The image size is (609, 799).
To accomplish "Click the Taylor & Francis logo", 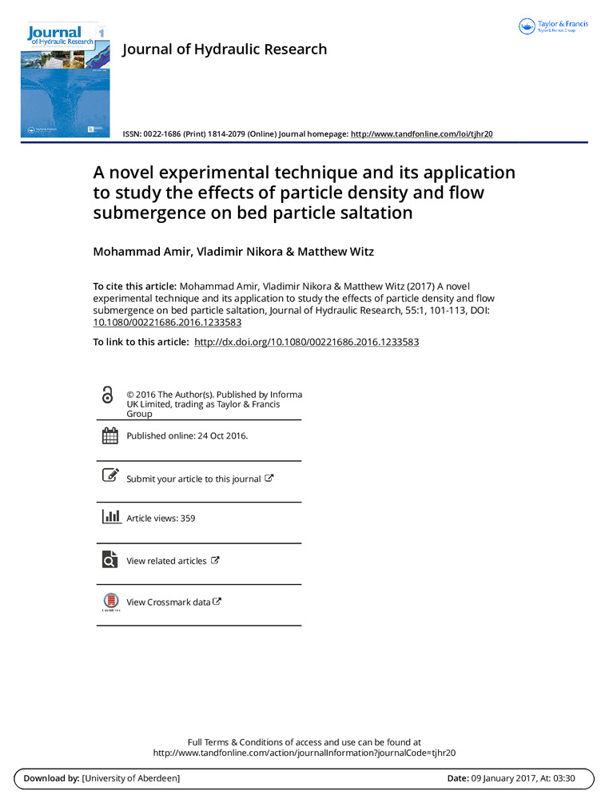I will (x=553, y=26).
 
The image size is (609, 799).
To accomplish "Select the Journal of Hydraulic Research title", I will (x=224, y=50).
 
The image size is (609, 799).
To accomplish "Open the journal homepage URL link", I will (x=421, y=133).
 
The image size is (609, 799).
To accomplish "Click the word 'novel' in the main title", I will (x=137, y=173).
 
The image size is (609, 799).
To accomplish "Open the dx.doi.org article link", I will (x=307, y=342).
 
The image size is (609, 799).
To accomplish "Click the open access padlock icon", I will (x=108, y=395).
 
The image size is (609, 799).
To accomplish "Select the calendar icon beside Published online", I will (x=109, y=435).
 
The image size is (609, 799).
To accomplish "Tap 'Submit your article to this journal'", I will (x=193, y=479).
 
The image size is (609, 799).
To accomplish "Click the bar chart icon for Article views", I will (x=110, y=516).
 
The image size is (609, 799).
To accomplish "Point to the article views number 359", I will (x=188, y=519).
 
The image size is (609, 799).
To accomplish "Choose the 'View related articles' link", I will (x=166, y=561).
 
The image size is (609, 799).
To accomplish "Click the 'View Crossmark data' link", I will (x=168, y=602).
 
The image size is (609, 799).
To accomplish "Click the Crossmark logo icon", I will (x=110, y=602).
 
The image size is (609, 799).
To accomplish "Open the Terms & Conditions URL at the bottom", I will (x=304, y=753).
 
